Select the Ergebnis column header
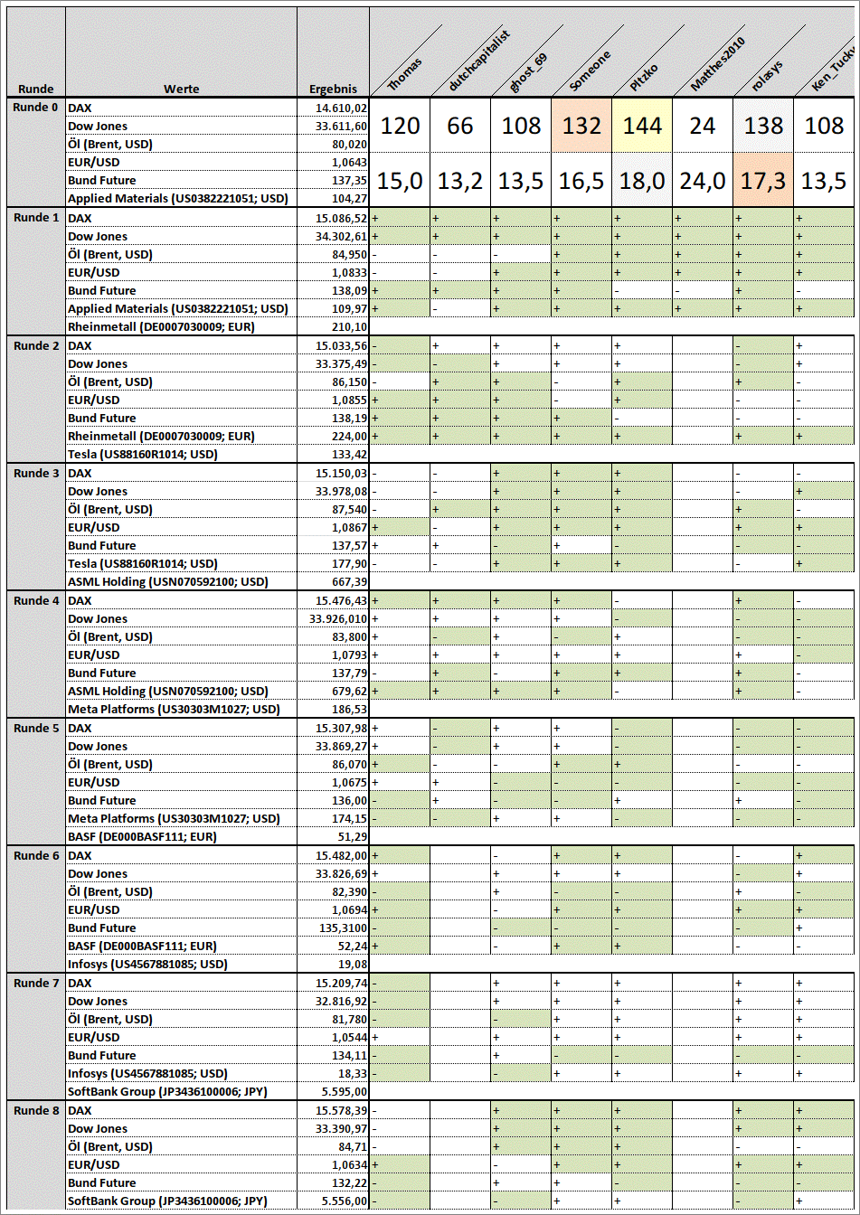pyautogui.click(x=333, y=89)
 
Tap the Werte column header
pyautogui.click(x=181, y=89)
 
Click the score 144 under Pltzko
pyautogui.click(x=642, y=126)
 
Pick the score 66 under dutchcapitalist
pyautogui.click(x=460, y=126)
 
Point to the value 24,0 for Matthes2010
pyautogui.click(x=703, y=182)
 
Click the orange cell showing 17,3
pyautogui.click(x=763, y=182)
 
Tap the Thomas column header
pyautogui.click(x=405, y=72)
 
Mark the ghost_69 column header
pyautogui.click(x=527, y=72)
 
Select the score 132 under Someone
pyautogui.click(x=581, y=126)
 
